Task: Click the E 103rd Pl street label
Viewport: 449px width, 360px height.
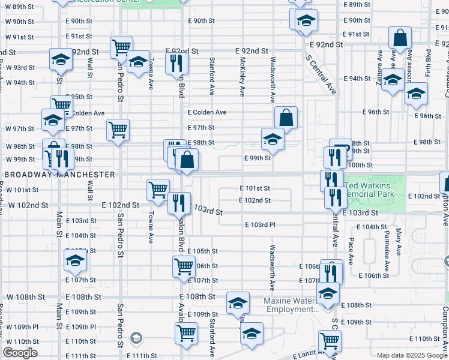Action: [259, 225]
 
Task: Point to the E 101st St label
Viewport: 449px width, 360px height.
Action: [255, 188]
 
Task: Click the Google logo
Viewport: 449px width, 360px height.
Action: [20, 353]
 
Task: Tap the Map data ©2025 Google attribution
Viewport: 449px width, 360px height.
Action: [412, 355]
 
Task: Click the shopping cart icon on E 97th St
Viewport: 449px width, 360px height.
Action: [118, 130]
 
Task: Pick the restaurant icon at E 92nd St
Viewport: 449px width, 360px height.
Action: [176, 62]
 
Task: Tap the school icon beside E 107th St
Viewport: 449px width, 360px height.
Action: [76, 260]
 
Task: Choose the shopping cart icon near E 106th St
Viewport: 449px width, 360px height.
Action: [184, 266]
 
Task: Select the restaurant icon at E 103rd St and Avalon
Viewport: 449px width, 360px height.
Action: [179, 203]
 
